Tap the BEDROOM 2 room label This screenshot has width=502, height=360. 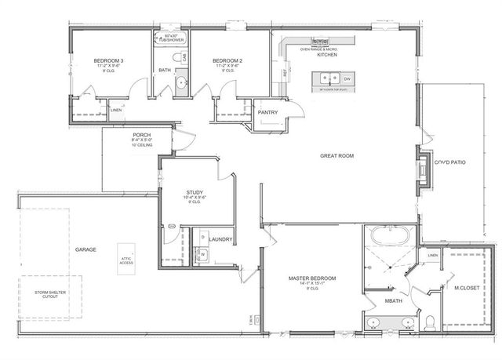[x=226, y=60]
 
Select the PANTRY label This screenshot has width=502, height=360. [x=268, y=112]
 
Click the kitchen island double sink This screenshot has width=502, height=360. [x=329, y=78]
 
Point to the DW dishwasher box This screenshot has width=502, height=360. [x=347, y=78]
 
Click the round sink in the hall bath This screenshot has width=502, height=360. [x=180, y=81]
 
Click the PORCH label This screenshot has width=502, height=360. [x=141, y=134]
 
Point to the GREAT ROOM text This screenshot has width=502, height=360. [x=337, y=156]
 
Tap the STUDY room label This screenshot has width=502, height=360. [x=195, y=192]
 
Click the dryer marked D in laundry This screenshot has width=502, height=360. [x=202, y=236]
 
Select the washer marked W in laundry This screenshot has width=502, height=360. [x=202, y=253]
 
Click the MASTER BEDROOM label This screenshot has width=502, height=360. [x=312, y=278]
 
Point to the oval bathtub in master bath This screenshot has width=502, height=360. [x=390, y=235]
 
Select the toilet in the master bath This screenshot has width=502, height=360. [x=430, y=322]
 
